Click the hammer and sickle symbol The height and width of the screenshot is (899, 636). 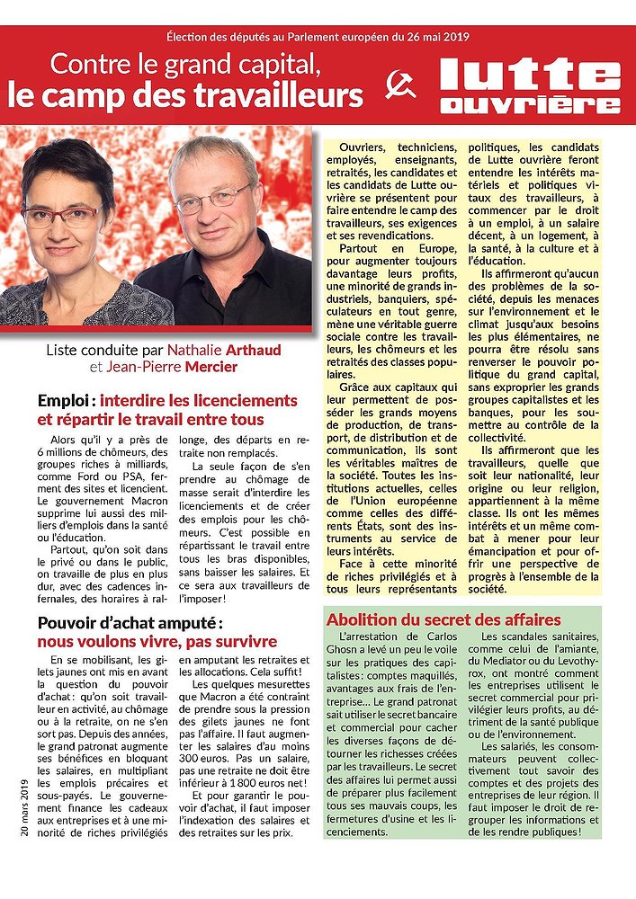pyautogui.click(x=401, y=85)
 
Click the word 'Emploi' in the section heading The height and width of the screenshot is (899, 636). pyautogui.click(x=65, y=401)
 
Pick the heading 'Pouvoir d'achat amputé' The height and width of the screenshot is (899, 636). pyautogui.click(x=129, y=622)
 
